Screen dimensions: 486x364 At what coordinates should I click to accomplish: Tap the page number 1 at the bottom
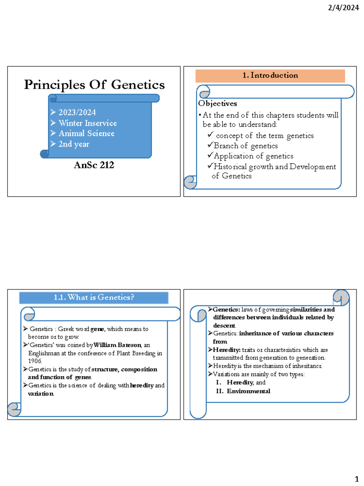click(x=357, y=479)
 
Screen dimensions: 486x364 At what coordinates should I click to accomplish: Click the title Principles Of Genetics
click(x=94, y=85)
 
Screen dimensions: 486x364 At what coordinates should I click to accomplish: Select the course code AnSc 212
click(x=94, y=165)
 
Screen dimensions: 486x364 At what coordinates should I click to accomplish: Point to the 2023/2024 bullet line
click(x=77, y=112)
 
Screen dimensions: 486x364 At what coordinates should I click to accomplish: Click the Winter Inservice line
click(x=87, y=123)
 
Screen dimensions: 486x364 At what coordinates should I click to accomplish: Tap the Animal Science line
click(x=86, y=133)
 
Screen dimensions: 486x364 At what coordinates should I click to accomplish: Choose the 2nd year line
click(x=74, y=144)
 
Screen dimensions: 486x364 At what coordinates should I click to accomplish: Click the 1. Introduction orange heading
click(x=270, y=76)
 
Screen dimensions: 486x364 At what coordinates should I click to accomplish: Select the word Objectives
click(x=217, y=104)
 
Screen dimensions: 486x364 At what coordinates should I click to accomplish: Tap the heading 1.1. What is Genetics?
click(x=94, y=297)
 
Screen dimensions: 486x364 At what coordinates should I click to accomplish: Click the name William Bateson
click(x=117, y=345)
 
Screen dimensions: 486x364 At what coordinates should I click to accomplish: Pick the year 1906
click(x=35, y=361)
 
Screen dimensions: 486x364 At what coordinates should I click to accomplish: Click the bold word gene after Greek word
click(x=97, y=329)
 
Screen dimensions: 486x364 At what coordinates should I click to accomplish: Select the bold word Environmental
click(x=248, y=391)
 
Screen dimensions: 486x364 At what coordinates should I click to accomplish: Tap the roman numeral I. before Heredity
click(x=218, y=382)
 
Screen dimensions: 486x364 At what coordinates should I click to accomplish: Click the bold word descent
click(x=224, y=326)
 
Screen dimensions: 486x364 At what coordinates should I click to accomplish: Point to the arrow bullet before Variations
click(x=210, y=374)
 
